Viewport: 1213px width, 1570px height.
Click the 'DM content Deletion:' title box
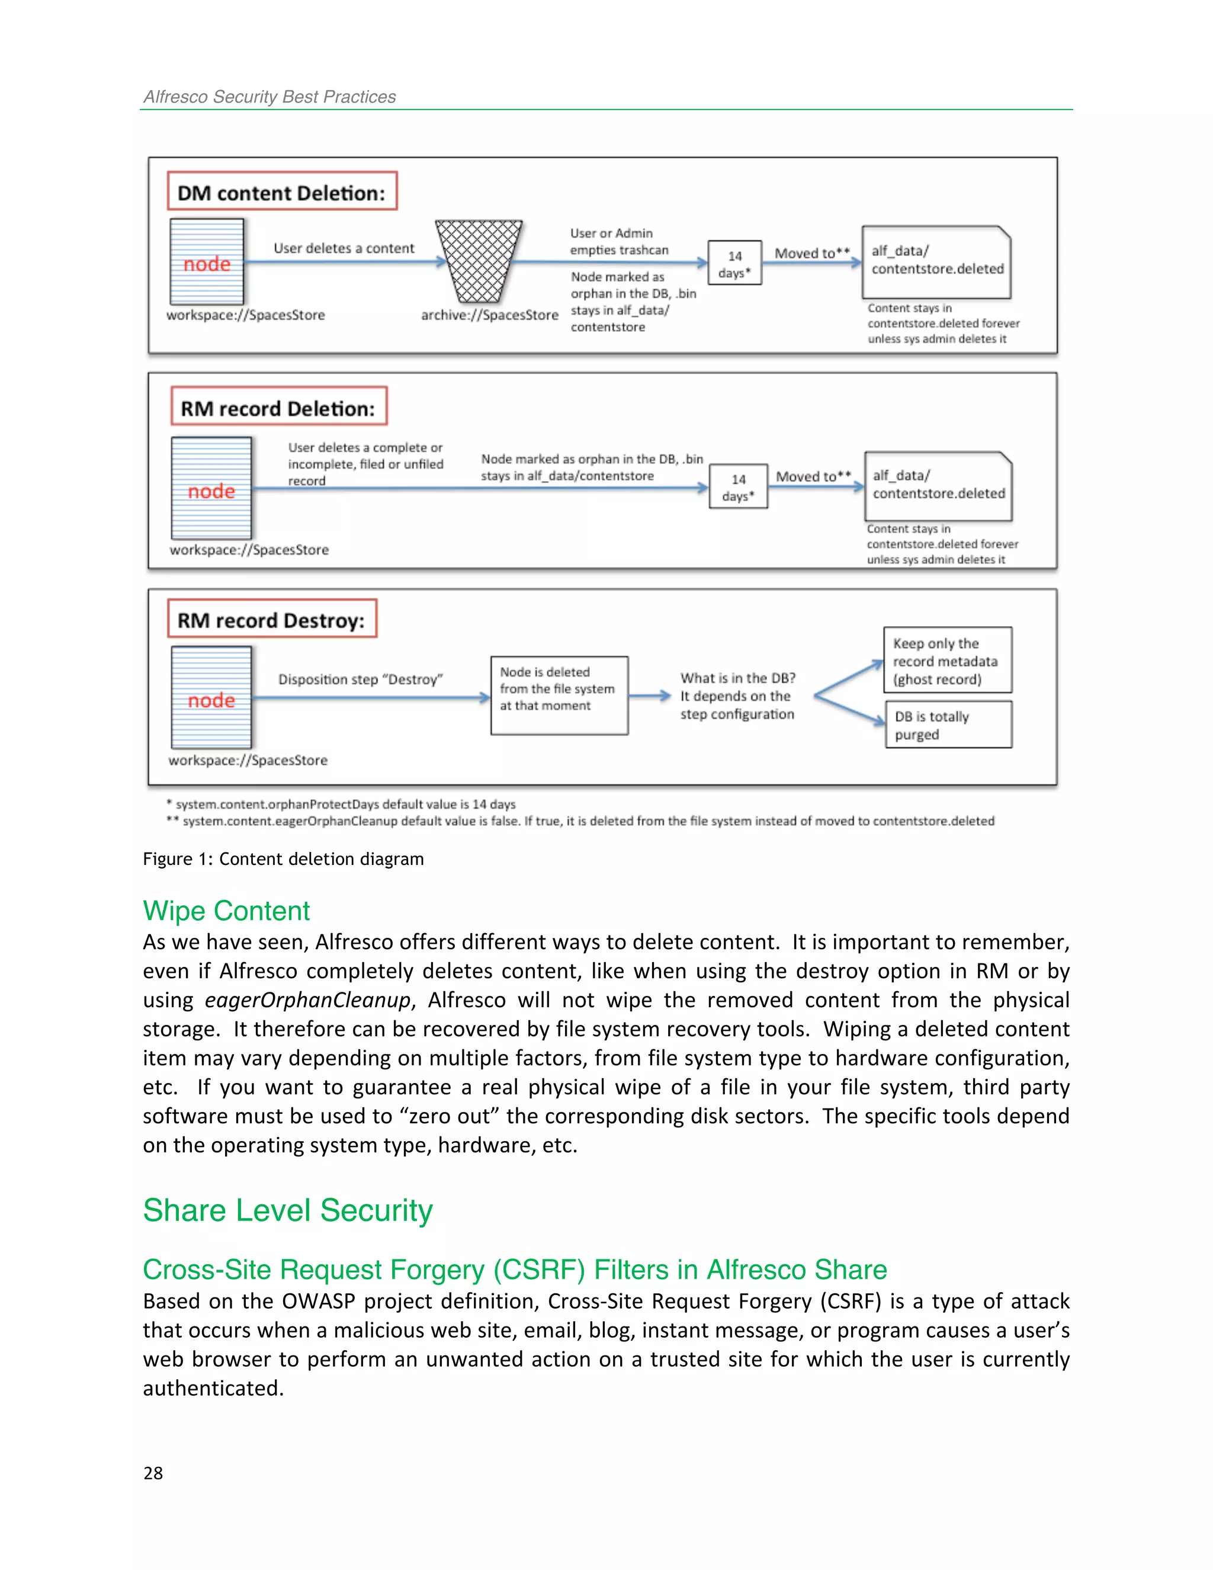coord(282,191)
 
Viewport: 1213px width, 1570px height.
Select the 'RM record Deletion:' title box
coord(279,407)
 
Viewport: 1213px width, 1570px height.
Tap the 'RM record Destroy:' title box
coord(272,619)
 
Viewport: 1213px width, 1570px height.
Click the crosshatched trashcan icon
coord(478,262)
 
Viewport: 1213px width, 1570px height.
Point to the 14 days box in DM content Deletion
coord(734,263)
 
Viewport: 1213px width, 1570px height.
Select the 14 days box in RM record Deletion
coord(738,486)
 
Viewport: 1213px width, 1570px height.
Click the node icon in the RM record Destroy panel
coord(211,697)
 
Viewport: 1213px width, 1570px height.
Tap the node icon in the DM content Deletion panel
coord(207,262)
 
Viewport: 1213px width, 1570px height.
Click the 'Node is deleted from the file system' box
coord(559,695)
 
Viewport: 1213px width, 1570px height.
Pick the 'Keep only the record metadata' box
coord(947,660)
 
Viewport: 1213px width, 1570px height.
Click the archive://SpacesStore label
coord(489,315)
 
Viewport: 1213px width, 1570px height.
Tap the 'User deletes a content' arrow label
coord(344,248)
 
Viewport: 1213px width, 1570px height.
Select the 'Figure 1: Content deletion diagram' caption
coord(283,859)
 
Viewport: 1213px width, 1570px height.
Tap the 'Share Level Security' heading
coord(287,1210)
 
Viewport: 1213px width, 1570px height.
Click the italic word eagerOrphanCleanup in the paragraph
coord(307,1000)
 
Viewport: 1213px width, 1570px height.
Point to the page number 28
coord(153,1473)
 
